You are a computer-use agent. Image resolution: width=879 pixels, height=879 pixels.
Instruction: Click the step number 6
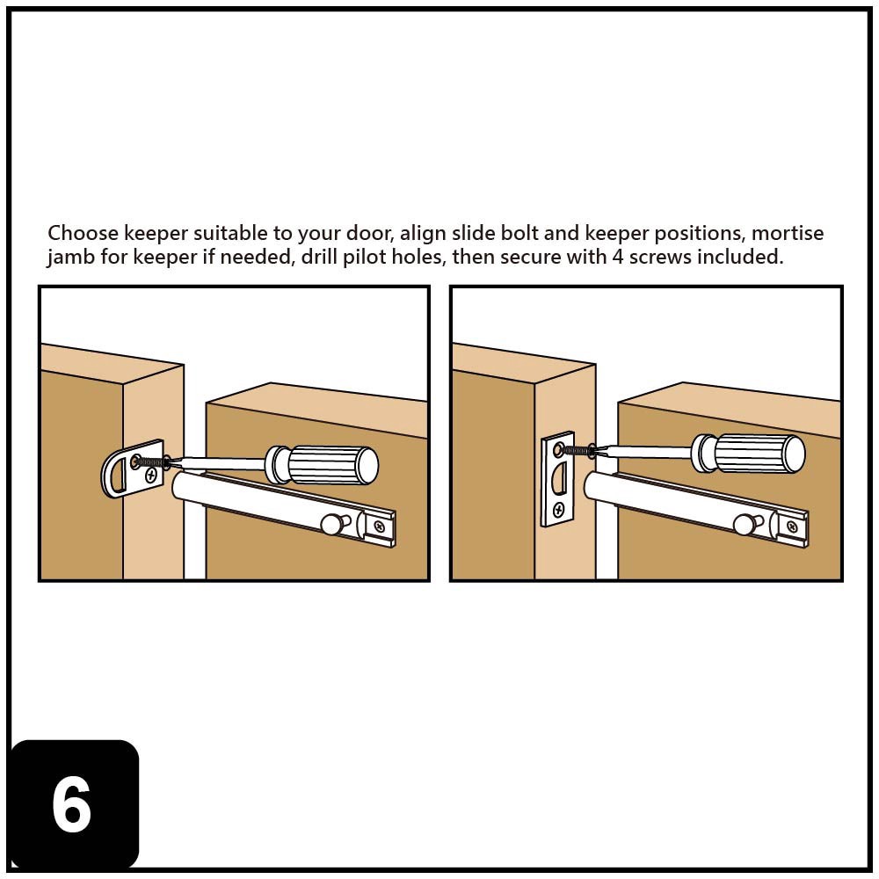pyautogui.click(x=72, y=805)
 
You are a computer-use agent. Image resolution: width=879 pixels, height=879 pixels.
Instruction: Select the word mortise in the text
pyautogui.click(x=788, y=234)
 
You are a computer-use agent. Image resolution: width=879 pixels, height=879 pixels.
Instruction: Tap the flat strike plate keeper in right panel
pyautogui.click(x=556, y=479)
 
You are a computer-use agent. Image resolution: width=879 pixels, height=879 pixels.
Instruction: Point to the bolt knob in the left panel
pyautogui.click(x=332, y=524)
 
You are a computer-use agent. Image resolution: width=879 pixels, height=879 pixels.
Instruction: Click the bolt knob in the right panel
pyautogui.click(x=745, y=524)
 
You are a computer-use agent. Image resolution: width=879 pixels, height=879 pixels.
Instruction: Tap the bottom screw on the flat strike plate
pyautogui.click(x=556, y=508)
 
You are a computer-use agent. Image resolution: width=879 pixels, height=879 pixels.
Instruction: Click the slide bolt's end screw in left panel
pyautogui.click(x=379, y=526)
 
